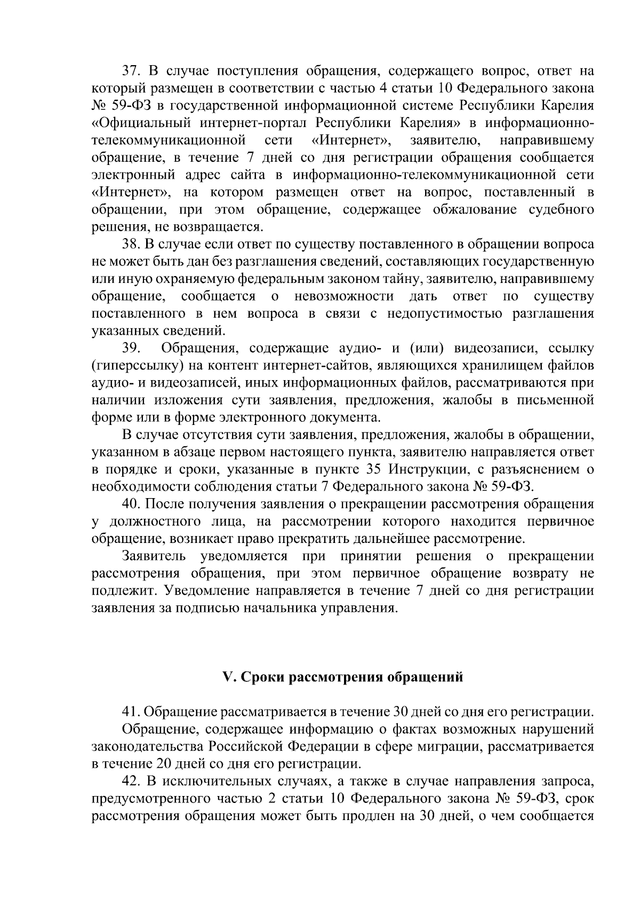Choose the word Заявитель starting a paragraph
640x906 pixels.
[154, 556]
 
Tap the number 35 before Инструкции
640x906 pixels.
[377, 470]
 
